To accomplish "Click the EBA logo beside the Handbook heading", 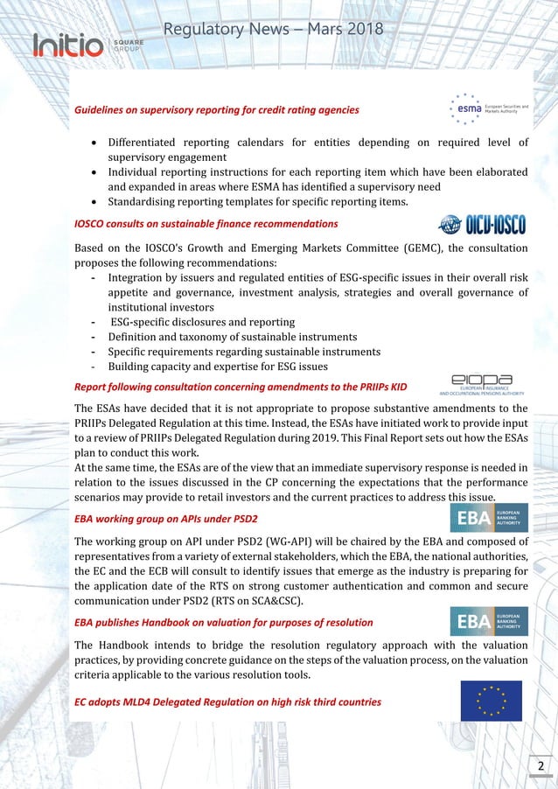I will (x=488, y=621).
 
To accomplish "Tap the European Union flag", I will (x=491, y=701).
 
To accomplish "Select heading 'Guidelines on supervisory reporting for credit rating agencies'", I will (x=216, y=110).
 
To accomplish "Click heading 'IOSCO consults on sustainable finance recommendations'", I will (x=206, y=224).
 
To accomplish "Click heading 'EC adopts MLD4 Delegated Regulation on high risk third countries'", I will (x=227, y=702).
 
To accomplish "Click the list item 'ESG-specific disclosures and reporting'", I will (x=202, y=322).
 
